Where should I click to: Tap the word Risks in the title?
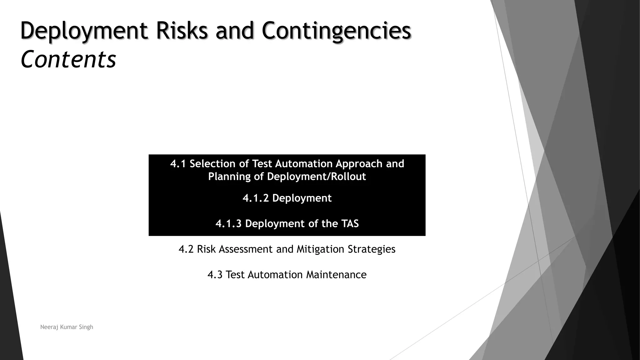click(x=182, y=31)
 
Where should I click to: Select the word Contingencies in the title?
click(x=336, y=31)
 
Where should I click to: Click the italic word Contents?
click(x=68, y=59)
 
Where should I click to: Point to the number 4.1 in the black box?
click(x=178, y=164)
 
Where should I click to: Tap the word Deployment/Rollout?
click(x=316, y=177)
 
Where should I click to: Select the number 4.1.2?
click(x=255, y=198)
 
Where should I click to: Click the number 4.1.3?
click(x=228, y=224)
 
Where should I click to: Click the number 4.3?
click(x=215, y=275)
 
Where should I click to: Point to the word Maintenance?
click(x=336, y=275)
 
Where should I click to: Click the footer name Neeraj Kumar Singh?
click(x=67, y=327)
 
